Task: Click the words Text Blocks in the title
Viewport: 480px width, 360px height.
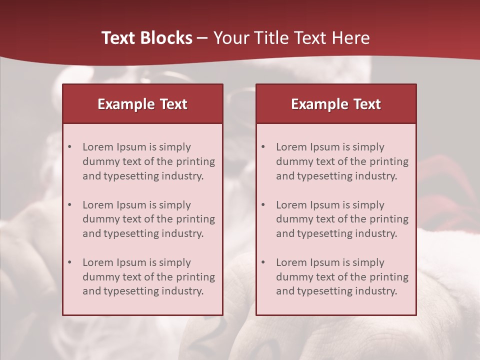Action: [x=147, y=38]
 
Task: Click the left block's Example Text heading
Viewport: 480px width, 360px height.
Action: [x=142, y=104]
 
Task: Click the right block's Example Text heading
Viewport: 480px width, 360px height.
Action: [x=336, y=104]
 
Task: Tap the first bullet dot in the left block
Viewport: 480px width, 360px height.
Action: [x=69, y=147]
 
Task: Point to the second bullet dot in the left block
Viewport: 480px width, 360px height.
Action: [x=69, y=205]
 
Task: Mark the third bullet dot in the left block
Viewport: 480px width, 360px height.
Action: [x=69, y=262]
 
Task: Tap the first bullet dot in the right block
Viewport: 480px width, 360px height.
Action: [x=263, y=147]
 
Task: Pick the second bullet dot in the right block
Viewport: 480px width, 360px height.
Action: [x=263, y=205]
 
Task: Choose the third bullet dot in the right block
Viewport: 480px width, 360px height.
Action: [x=263, y=262]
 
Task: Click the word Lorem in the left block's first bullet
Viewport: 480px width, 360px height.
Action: [x=98, y=147]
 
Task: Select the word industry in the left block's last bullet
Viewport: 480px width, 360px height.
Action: [x=182, y=291]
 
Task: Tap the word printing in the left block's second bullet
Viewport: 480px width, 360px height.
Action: [x=194, y=219]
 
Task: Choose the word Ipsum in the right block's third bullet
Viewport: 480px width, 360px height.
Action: [x=326, y=262]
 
